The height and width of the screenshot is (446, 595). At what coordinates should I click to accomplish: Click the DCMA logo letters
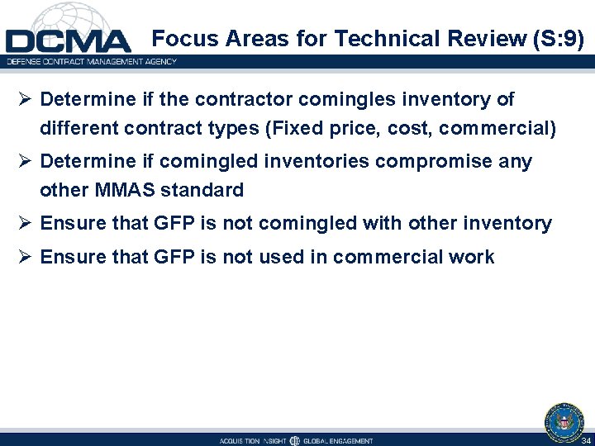click(68, 42)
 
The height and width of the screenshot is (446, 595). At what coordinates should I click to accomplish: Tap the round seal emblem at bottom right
click(564, 420)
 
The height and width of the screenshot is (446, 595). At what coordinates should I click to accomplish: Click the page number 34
click(586, 441)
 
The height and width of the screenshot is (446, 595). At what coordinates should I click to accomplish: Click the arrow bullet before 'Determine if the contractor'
click(25, 100)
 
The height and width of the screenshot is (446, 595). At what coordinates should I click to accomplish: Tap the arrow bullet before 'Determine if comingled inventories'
click(25, 162)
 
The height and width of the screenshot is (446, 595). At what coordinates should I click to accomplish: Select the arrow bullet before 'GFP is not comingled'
click(25, 224)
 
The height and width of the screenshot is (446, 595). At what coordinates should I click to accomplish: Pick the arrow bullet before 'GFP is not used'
click(25, 258)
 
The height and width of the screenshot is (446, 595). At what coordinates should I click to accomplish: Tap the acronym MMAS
click(126, 191)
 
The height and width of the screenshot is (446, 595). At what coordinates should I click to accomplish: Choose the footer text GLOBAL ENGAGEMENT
click(338, 441)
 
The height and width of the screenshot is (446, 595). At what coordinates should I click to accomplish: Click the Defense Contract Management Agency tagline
click(92, 62)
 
